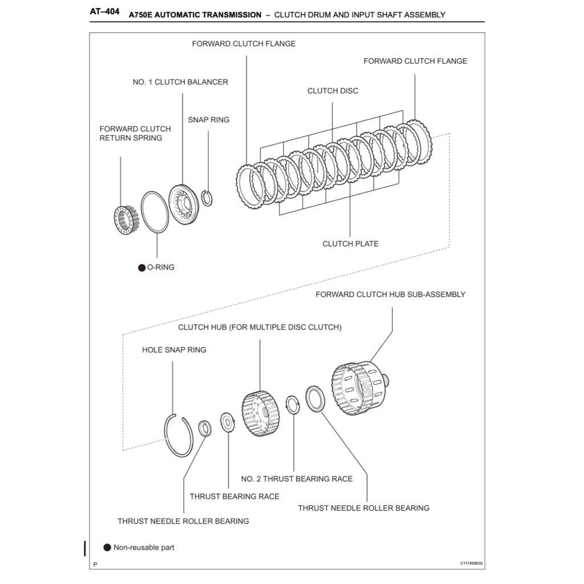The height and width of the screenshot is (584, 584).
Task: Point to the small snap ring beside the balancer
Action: coord(208,198)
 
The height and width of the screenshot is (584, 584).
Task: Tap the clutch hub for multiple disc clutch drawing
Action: coord(260,413)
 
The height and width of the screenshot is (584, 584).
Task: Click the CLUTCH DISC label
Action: coord(332,91)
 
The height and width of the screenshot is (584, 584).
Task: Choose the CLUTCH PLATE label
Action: coord(350,244)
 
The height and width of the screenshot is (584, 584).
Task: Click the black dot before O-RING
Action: coord(142,267)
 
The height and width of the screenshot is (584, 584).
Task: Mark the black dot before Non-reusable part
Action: coord(107,547)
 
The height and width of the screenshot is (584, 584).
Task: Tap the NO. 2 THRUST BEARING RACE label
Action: coord(297,478)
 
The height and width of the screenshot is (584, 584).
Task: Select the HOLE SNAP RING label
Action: coord(174,350)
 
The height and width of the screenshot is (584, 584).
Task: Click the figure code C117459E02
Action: coord(472,563)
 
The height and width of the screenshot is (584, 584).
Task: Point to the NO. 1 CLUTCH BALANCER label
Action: coord(180,82)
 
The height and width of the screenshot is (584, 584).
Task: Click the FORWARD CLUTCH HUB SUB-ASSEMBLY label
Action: coord(390,294)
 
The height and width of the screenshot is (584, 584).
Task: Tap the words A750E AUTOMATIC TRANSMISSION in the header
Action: coord(195,15)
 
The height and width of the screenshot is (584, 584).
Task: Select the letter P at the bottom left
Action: coord(95,564)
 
